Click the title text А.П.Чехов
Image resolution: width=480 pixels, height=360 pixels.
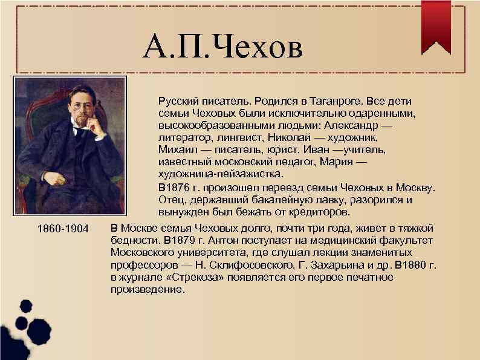pyautogui.click(x=222, y=48)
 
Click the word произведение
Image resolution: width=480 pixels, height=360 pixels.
pyautogui.click(x=144, y=289)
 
